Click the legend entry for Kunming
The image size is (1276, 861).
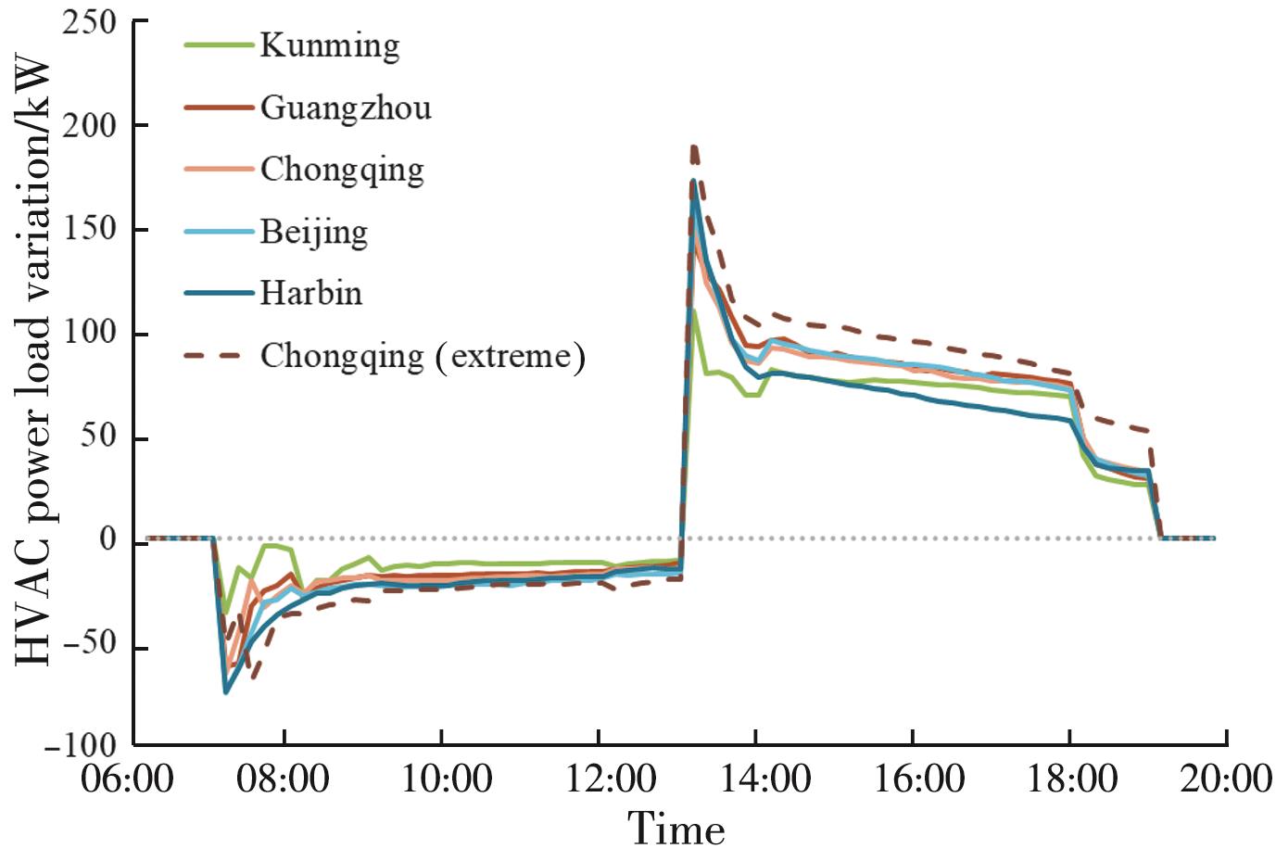pyautogui.click(x=329, y=45)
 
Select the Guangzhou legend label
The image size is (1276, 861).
pyautogui.click(x=345, y=108)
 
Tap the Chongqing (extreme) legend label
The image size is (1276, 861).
pyautogui.click(x=423, y=356)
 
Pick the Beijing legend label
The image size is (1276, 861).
pyautogui.click(x=313, y=232)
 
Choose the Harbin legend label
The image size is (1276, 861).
pyautogui.click(x=310, y=293)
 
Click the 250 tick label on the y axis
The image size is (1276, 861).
pyautogui.click(x=90, y=21)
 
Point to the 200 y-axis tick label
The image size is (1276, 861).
pyautogui.click(x=90, y=125)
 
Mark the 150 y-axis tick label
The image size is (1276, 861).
pyautogui.click(x=90, y=229)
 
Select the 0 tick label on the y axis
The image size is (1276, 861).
pyautogui.click(x=108, y=539)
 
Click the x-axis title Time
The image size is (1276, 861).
pyautogui.click(x=676, y=829)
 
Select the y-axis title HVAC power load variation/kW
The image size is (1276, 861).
pyautogui.click(x=32, y=360)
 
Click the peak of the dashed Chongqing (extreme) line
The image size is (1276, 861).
pyautogui.click(x=693, y=146)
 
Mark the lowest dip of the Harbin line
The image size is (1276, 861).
pyautogui.click(x=226, y=691)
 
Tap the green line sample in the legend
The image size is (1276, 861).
pyautogui.click(x=219, y=44)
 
